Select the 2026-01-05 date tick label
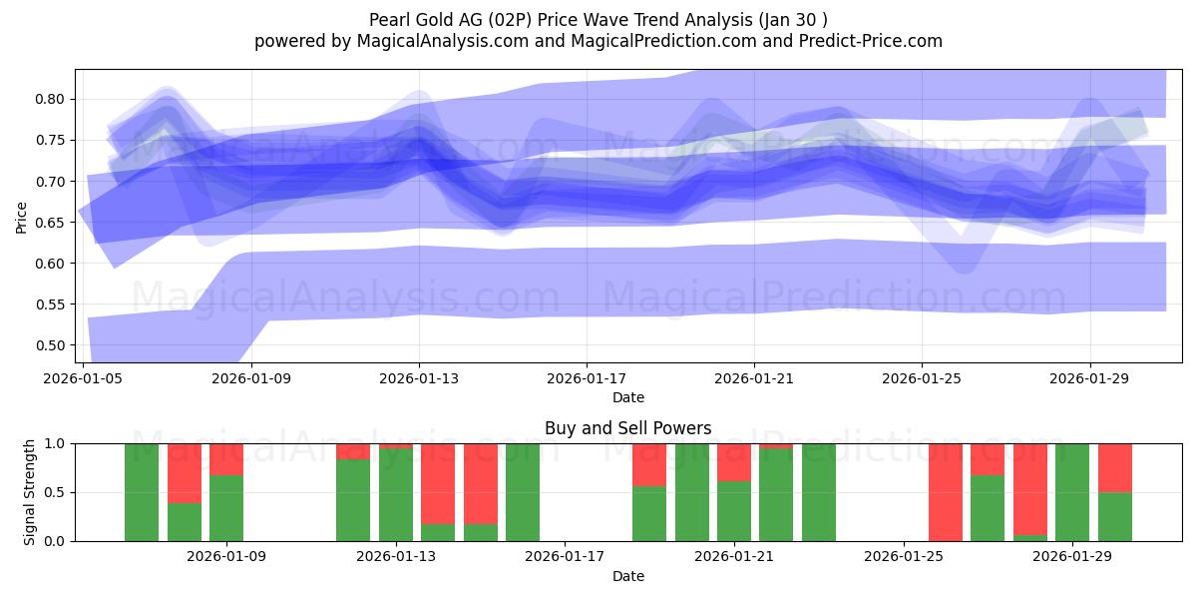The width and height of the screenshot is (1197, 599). click(83, 379)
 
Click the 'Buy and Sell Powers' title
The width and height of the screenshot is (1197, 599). click(627, 428)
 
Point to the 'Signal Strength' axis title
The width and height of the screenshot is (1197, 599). click(30, 491)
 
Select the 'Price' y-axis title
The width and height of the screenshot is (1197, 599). click(22, 216)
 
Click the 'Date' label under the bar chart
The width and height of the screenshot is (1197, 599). click(627, 576)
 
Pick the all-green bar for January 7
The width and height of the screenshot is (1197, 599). click(142, 492)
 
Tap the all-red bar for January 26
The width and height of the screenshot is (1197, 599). click(946, 492)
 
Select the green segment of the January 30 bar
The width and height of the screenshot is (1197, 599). click(1115, 517)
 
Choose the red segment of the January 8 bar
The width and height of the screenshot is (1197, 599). click(185, 473)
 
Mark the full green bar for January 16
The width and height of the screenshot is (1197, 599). click(523, 492)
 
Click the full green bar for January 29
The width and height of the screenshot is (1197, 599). click(1072, 492)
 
